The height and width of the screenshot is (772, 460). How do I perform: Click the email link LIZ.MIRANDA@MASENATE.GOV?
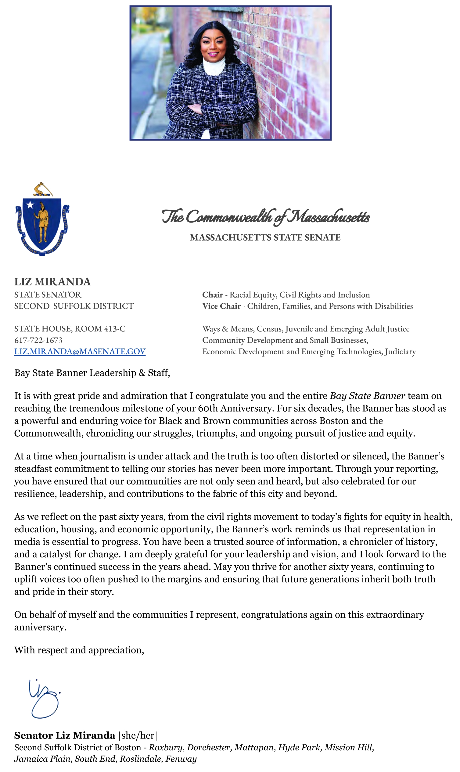(80, 351)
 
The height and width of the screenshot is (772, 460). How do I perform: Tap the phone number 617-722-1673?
(38, 340)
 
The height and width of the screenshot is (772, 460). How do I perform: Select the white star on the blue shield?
(30, 205)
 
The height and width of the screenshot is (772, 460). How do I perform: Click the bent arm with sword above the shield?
(42, 189)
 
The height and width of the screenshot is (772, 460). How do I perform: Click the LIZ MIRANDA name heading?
(52, 282)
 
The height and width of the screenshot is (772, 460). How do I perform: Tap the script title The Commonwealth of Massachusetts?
(265, 216)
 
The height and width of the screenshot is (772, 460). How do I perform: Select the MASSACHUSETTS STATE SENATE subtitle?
(265, 237)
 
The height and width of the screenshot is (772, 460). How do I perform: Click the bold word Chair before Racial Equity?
(212, 295)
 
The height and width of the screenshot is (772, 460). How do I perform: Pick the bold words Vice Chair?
(221, 306)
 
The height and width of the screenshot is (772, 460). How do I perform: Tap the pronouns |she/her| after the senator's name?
(138, 735)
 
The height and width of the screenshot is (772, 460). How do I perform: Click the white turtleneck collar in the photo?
(214, 66)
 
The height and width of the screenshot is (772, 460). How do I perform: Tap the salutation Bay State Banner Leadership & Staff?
(92, 373)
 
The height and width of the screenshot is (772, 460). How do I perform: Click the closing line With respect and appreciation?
(79, 650)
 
